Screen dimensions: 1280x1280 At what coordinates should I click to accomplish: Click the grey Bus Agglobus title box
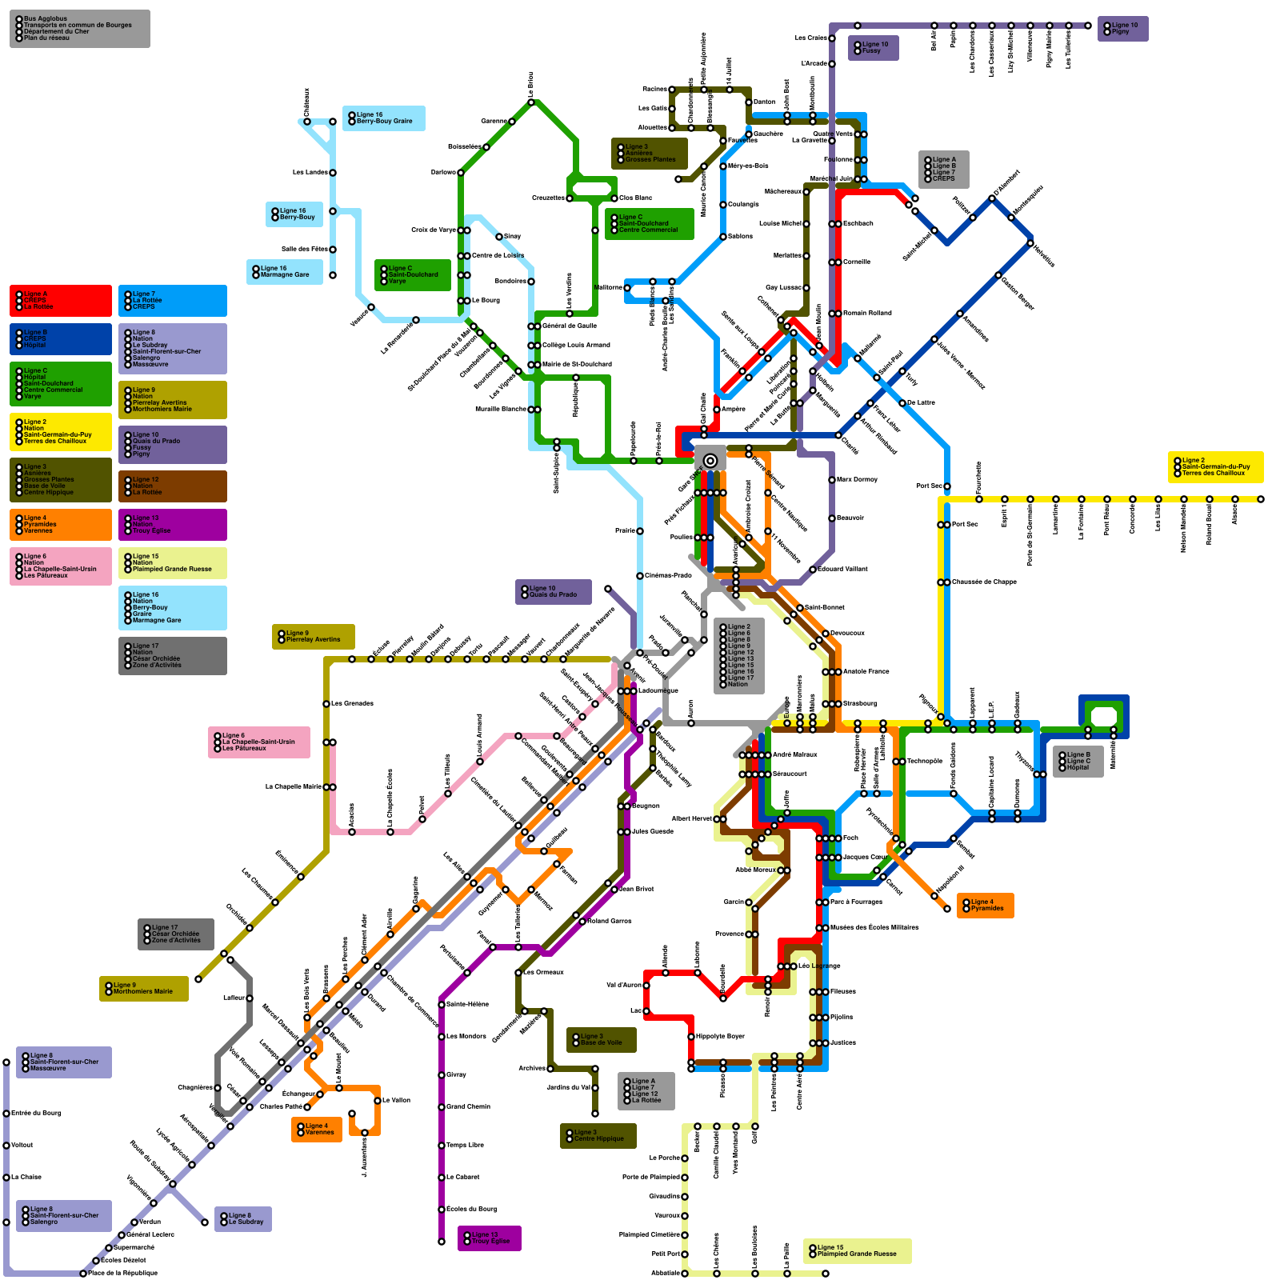pyautogui.click(x=79, y=29)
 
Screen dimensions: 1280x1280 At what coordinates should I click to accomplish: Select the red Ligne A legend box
pyautogui.click(x=61, y=301)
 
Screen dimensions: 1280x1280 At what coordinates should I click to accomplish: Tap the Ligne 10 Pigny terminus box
pyautogui.click(x=1122, y=29)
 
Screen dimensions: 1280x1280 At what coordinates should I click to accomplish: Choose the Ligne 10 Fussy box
pyautogui.click(x=873, y=48)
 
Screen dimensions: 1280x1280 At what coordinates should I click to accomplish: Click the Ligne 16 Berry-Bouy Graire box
pyautogui.click(x=384, y=118)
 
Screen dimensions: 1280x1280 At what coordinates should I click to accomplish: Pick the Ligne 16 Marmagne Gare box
pyautogui.click(x=285, y=272)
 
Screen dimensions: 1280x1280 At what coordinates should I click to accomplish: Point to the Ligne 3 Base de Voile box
pyautogui.click(x=601, y=1040)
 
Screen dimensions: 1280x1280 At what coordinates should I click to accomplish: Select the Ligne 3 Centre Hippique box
pyautogui.click(x=598, y=1136)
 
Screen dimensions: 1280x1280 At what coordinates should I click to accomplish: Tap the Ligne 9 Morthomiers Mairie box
pyautogui.click(x=144, y=989)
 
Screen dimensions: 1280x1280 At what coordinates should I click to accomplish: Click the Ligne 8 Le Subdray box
pyautogui.click(x=243, y=1219)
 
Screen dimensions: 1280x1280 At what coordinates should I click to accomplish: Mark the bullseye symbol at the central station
pyautogui.click(x=710, y=460)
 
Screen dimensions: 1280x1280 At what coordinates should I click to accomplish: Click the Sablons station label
pyautogui.click(x=740, y=237)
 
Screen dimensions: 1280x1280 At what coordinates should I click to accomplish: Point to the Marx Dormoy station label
pyautogui.click(x=857, y=480)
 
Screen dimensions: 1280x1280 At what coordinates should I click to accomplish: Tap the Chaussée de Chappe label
pyautogui.click(x=984, y=582)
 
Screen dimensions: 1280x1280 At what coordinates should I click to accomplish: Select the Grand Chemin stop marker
pyautogui.click(x=441, y=1107)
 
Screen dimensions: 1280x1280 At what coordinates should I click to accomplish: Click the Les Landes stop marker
pyautogui.click(x=333, y=173)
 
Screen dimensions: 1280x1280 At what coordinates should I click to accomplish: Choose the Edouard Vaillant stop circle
pyautogui.click(x=812, y=570)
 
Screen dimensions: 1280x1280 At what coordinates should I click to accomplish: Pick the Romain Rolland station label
pyautogui.click(x=867, y=314)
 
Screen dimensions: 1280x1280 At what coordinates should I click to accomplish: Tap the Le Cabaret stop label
pyautogui.click(x=462, y=1178)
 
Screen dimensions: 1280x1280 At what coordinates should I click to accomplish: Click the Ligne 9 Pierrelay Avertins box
pyautogui.click(x=313, y=637)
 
